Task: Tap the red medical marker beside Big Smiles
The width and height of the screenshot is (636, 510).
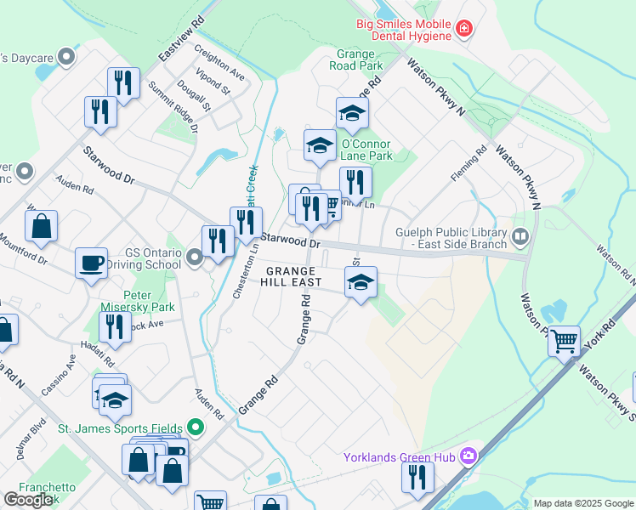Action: tap(463, 30)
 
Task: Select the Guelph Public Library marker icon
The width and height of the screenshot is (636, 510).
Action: tap(520, 235)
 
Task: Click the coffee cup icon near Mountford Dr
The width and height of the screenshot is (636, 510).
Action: tap(91, 263)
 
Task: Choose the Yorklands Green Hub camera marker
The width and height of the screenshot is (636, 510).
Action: tap(468, 458)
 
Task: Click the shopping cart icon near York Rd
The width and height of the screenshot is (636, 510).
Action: tap(563, 341)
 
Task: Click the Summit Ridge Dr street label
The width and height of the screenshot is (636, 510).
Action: tap(173, 105)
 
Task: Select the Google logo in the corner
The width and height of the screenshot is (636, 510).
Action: tap(29, 500)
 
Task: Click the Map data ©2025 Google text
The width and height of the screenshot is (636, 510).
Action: tap(582, 503)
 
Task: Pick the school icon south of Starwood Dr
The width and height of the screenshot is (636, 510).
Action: tap(361, 282)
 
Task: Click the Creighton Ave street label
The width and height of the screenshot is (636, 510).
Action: tap(219, 63)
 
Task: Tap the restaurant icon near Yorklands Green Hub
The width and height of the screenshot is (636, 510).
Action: tap(417, 476)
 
